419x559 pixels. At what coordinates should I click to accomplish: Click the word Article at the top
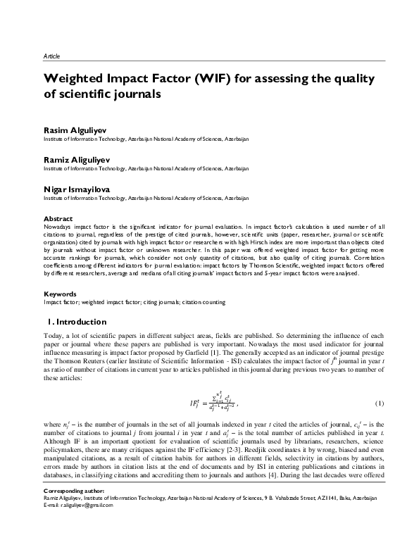pos(51,55)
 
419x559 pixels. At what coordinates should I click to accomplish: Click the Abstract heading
pos(57,219)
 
